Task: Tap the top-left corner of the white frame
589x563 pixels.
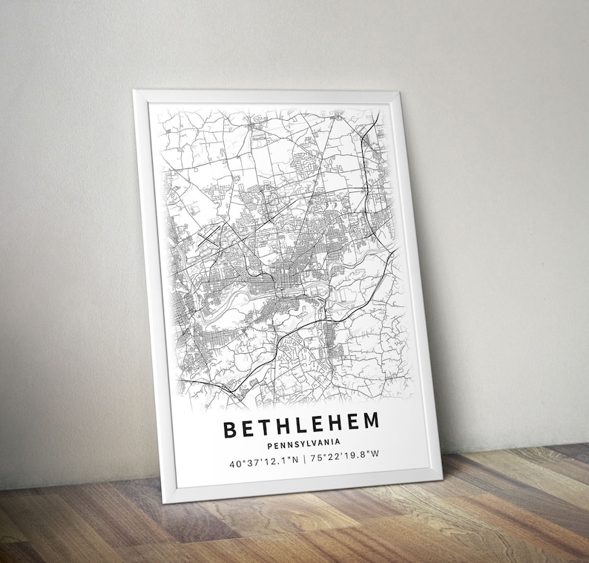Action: [x=135, y=92]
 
